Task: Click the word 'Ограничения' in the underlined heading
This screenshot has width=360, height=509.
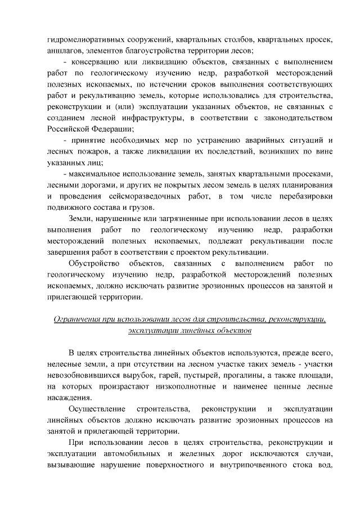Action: click(78, 319)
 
